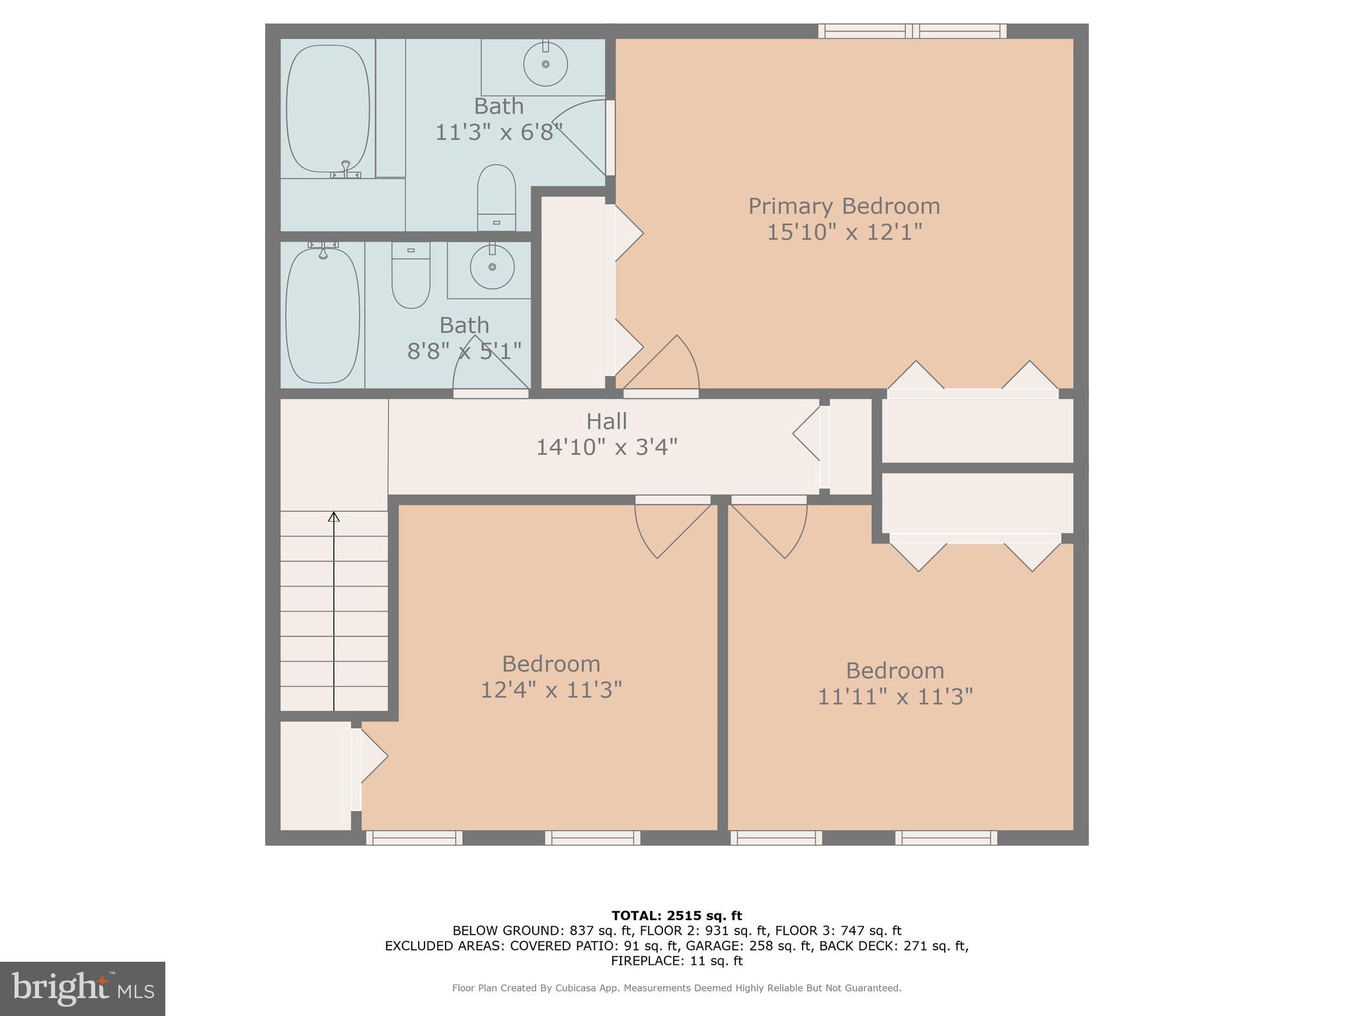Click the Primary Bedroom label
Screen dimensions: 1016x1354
[844, 206]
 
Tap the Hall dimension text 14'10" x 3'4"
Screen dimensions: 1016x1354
[606, 448]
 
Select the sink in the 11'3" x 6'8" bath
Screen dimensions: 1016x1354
[545, 64]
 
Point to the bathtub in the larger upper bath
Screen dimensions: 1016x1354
[327, 108]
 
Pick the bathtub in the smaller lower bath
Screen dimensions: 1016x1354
[323, 315]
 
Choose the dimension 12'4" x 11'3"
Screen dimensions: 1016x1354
[551, 691]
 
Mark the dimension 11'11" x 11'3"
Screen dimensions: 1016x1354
[895, 697]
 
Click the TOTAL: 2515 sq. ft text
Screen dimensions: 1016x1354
[676, 916]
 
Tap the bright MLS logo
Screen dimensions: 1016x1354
[82, 988]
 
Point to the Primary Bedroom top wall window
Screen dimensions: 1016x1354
[912, 30]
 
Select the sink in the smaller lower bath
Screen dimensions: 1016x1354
[492, 267]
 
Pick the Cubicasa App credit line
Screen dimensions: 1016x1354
[676, 988]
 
